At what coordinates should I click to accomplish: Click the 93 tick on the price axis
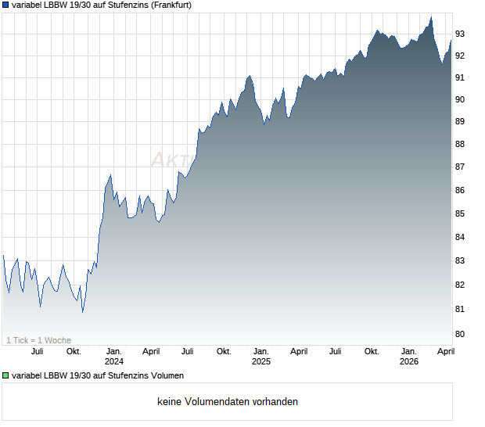point(461,34)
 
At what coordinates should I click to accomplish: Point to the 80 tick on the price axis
point(461,334)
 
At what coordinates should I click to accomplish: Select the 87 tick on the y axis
point(461,167)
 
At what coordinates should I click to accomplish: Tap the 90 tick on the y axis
point(461,99)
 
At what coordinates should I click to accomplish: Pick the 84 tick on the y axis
point(461,237)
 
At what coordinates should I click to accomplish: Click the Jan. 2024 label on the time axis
point(114,356)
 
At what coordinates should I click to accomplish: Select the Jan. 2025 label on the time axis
point(261,356)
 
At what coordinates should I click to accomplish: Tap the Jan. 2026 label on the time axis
point(409,356)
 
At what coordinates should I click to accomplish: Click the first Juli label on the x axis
point(36,351)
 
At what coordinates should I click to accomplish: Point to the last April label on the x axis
point(445,351)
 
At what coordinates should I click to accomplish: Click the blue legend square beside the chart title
point(6,5)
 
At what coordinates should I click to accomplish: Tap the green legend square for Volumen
point(6,376)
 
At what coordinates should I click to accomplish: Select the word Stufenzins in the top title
point(116,5)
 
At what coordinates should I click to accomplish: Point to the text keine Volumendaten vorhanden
point(228,402)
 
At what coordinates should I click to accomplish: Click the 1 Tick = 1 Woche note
point(39,340)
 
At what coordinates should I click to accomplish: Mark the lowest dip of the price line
point(82,312)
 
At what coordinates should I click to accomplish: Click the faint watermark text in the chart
point(172,160)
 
